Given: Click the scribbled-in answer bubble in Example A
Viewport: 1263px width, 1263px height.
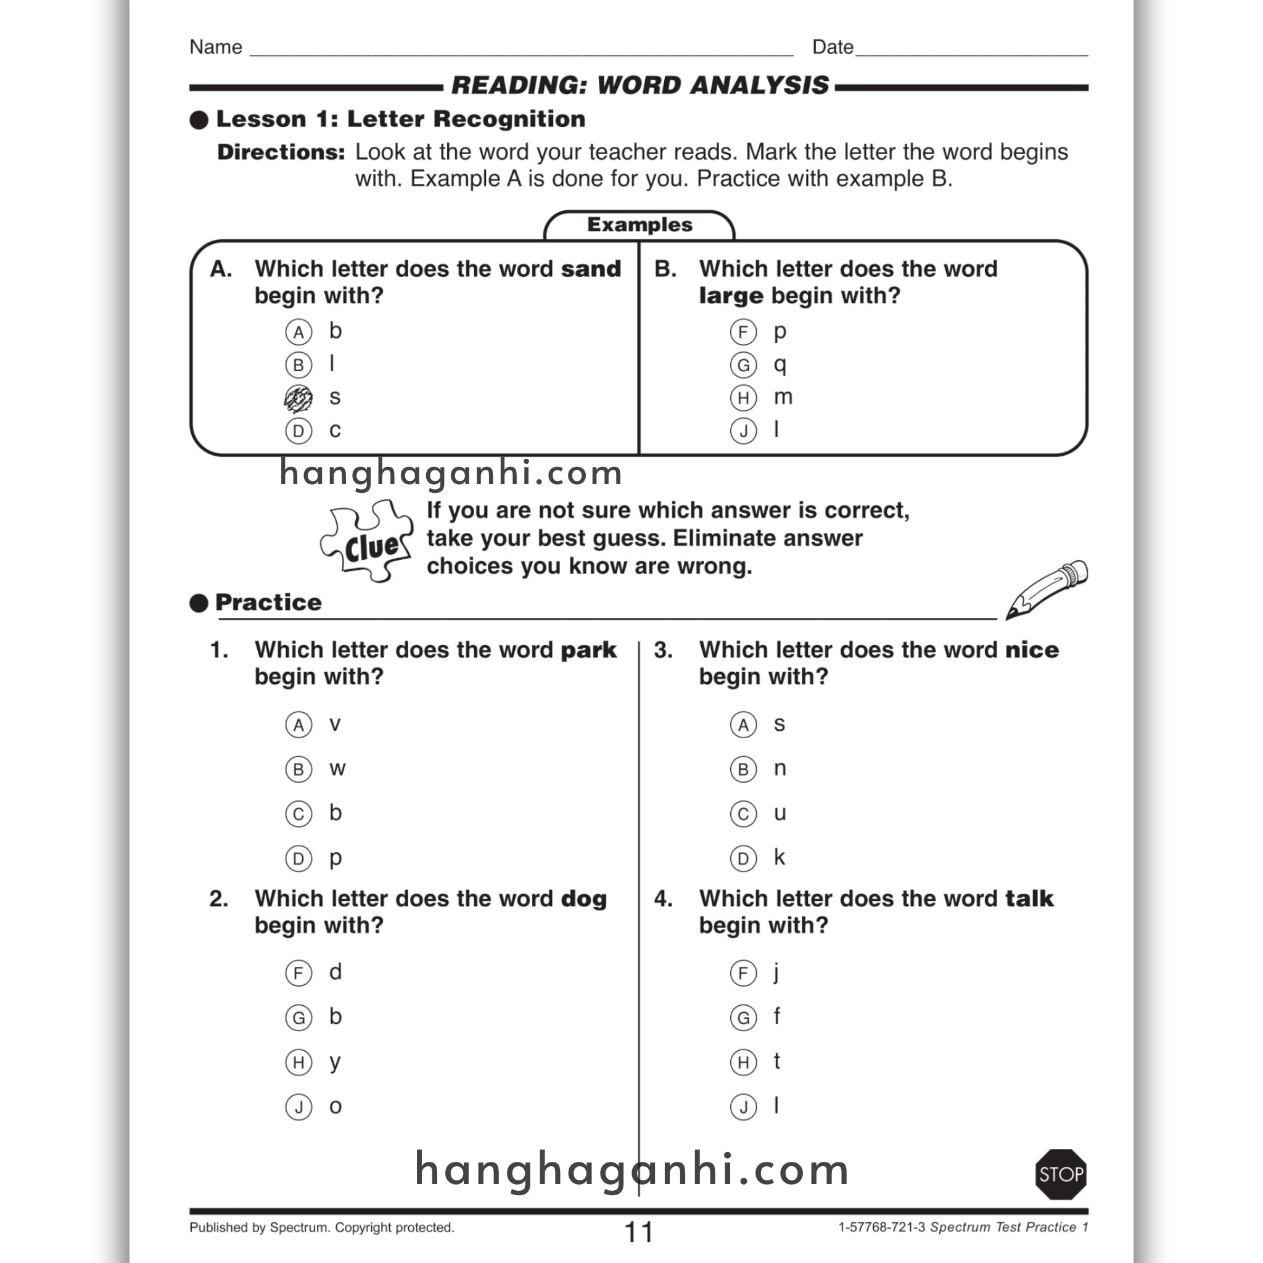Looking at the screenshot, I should pyautogui.click(x=298, y=398).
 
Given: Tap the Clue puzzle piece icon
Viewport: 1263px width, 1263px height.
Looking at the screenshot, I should pyautogui.click(x=367, y=541).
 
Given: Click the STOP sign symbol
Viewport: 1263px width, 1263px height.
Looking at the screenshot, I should pyautogui.click(x=1061, y=1174).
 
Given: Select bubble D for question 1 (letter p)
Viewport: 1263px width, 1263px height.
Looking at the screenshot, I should pyautogui.click(x=298, y=858).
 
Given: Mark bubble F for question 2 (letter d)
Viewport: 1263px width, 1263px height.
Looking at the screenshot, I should pyautogui.click(x=298, y=973).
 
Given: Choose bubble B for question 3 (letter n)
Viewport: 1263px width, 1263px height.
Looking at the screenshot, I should pyautogui.click(x=743, y=770).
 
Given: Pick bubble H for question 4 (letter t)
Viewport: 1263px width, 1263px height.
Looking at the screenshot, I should pyautogui.click(x=743, y=1063).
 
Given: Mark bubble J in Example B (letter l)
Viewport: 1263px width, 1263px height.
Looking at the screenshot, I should pyautogui.click(x=743, y=431).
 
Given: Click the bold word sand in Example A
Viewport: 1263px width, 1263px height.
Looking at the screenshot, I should pyautogui.click(x=590, y=269).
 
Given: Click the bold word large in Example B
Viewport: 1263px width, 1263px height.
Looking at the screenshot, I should pyautogui.click(x=730, y=296).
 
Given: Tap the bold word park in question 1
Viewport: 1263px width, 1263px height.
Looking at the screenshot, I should pyautogui.click(x=588, y=650).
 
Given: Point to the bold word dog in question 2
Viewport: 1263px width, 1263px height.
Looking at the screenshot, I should pyautogui.click(x=584, y=899).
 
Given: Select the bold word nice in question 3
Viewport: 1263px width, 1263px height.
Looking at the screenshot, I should pyautogui.click(x=1032, y=650).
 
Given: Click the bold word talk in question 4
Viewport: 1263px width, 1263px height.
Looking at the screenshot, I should pyautogui.click(x=1029, y=899).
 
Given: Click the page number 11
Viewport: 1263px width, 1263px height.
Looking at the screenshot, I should pyautogui.click(x=639, y=1232).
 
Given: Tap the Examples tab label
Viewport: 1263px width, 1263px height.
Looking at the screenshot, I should pyautogui.click(x=639, y=225).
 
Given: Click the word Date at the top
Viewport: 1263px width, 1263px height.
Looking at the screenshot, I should pyautogui.click(x=832, y=47).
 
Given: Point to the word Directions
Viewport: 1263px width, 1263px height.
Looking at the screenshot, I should pyautogui.click(x=281, y=152).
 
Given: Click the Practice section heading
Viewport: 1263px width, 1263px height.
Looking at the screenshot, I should pyautogui.click(x=268, y=602).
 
